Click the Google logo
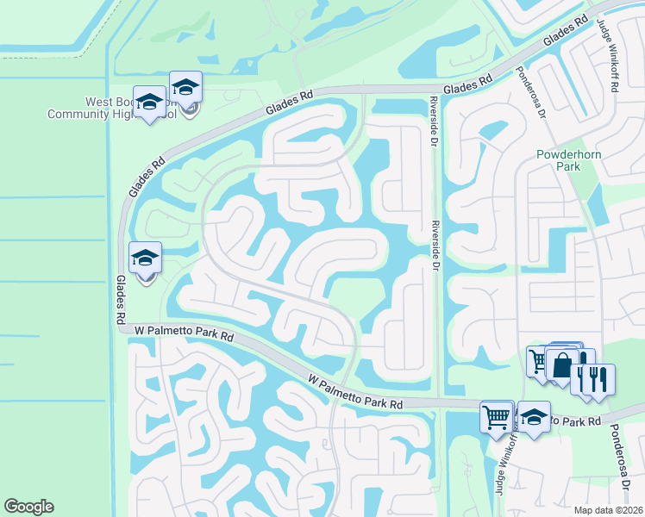click(28, 507)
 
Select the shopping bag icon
click(562, 364)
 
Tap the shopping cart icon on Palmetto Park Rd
click(497, 417)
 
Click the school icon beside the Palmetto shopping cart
click(534, 418)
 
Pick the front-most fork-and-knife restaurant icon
click(598, 378)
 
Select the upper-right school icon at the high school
click(185, 86)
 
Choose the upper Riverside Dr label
click(434, 121)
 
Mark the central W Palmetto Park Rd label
click(356, 390)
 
